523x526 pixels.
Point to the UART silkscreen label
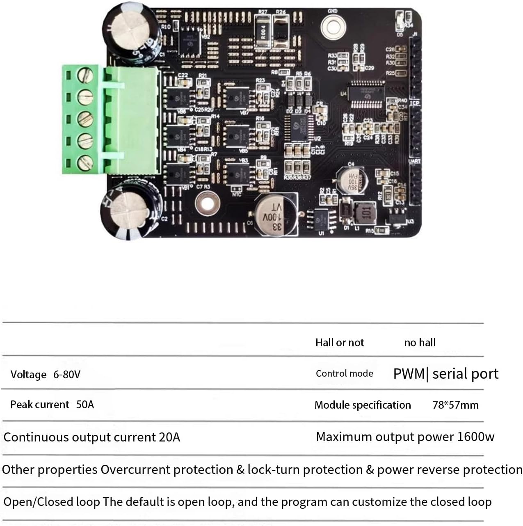[x=415, y=162]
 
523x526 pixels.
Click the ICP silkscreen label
[x=415, y=103]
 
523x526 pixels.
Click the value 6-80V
[x=67, y=375]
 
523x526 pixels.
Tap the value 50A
[x=85, y=405]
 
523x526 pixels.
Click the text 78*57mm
[x=455, y=405]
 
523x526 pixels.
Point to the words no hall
[x=420, y=343]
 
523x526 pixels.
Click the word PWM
[x=409, y=374]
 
